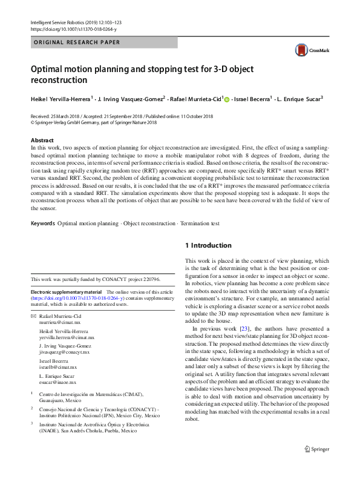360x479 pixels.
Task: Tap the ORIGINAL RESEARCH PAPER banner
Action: point(76,42)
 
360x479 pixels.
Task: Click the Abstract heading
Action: point(42,140)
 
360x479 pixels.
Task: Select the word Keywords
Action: point(42,223)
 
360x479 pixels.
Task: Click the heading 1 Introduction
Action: point(208,245)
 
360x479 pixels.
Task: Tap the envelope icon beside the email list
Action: point(33,317)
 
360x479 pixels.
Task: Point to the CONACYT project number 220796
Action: point(151,279)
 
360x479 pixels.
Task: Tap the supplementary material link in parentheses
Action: point(78,298)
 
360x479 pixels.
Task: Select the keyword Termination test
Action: point(200,223)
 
